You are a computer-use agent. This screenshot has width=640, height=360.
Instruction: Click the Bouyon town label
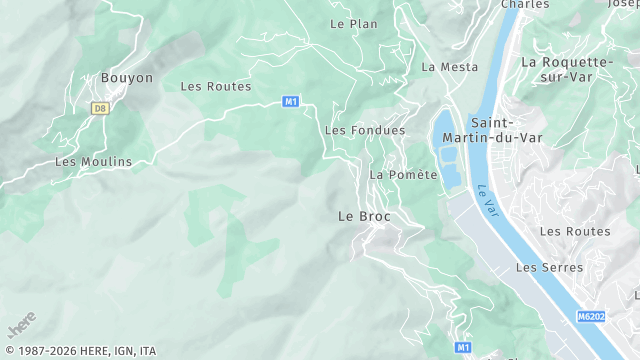pos(127,78)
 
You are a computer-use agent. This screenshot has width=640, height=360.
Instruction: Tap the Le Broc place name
pos(364,216)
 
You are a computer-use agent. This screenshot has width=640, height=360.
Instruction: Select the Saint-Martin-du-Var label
pos(506,130)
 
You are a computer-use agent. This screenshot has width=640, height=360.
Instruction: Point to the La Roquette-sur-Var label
pos(566,68)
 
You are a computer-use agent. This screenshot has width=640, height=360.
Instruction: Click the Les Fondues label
pos(365,131)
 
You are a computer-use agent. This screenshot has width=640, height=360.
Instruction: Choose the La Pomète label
pos(404,175)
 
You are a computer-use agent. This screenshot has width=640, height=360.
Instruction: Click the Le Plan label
pos(354,24)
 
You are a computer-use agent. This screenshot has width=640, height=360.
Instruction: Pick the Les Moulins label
pos(93,162)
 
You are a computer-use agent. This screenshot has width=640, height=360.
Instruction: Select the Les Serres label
pos(541,268)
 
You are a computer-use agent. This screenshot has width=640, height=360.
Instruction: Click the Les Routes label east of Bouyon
pos(215,87)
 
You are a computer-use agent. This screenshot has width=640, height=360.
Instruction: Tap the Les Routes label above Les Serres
pos(574,232)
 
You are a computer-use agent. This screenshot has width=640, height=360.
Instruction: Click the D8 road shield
pos(99,108)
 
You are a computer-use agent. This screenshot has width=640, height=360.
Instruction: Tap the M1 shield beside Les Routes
pos(291,101)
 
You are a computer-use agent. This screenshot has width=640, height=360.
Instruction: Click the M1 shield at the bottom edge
pos(462,347)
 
